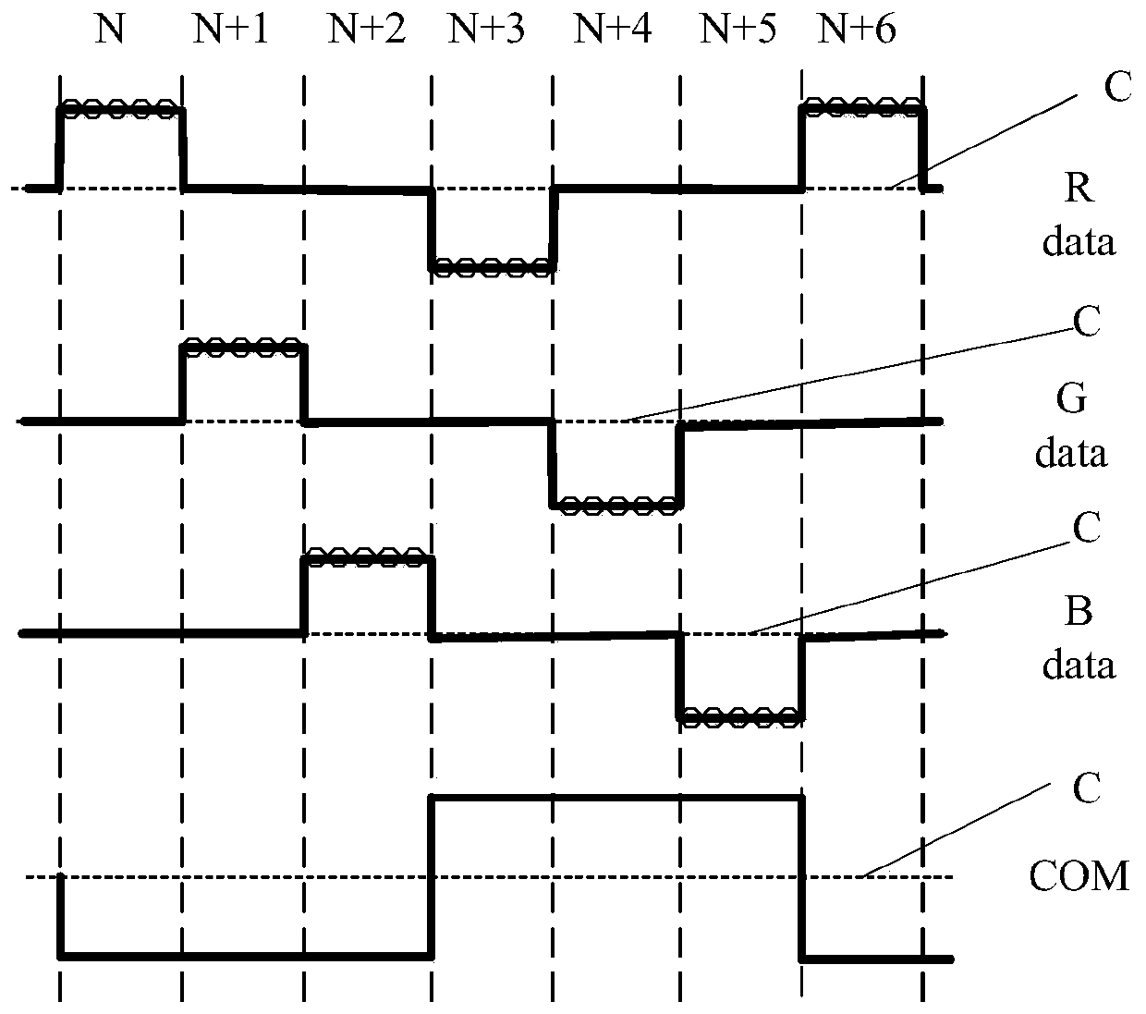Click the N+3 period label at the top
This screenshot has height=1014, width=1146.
487,30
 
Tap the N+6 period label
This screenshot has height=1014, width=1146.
858,30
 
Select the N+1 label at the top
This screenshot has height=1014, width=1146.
230,30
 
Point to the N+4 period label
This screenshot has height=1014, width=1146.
613,30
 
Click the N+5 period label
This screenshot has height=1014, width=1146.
738,30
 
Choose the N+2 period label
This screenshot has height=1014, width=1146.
366,30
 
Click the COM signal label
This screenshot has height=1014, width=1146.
1079,874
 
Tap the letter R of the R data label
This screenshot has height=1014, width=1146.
1079,189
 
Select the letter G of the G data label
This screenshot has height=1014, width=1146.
1070,400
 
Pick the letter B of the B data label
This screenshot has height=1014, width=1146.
1078,613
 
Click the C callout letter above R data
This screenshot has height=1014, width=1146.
1117,89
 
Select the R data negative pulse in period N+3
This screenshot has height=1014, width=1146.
492,267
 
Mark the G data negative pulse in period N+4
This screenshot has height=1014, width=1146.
616,504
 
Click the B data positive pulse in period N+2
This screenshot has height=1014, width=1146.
366,557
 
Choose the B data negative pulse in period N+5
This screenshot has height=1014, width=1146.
740,715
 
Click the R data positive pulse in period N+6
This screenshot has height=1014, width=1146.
861,109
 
